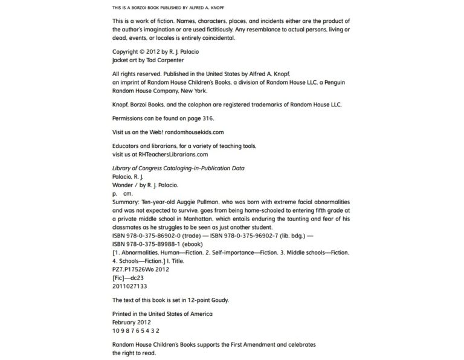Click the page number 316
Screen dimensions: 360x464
(x=206, y=118)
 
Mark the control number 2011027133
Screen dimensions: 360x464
(x=130, y=286)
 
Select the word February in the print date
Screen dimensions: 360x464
(x=124, y=323)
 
